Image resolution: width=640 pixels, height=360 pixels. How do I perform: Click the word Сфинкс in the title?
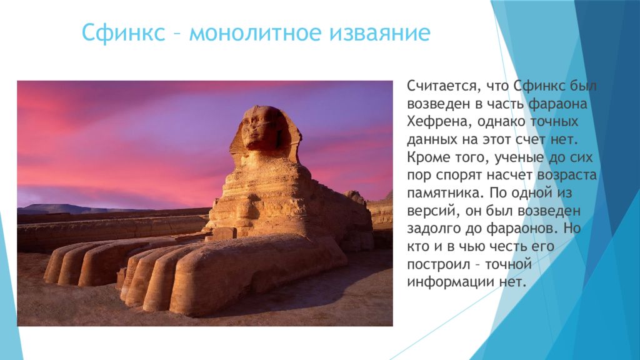pos(123,32)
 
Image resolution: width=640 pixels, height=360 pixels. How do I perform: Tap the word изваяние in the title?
pos(380,32)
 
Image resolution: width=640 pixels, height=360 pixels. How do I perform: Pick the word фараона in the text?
pos(557,104)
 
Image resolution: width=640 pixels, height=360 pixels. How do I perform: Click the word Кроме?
pos(429,157)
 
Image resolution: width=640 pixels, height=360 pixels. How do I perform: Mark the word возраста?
pos(566,176)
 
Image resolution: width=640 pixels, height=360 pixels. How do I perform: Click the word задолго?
pos(434,229)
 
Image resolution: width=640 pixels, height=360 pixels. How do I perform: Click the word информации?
pos(451,282)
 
